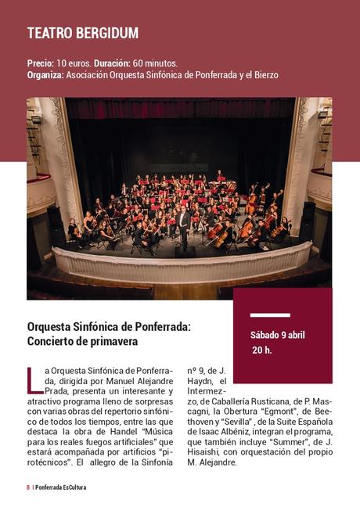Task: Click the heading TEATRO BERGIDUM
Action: pos(82,33)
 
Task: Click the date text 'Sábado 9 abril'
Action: pos(277,335)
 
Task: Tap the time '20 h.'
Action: pos(261,350)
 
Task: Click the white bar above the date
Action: pos(270,315)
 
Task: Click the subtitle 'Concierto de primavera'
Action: pos(82,341)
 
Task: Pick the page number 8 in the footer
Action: pos(28,487)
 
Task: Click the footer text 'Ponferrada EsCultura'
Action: pos(61,487)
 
